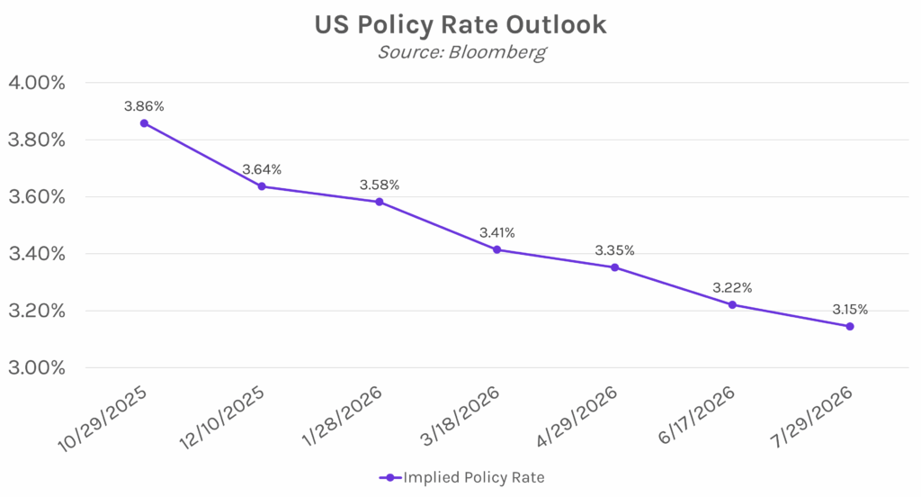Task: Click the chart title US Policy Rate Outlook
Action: click(x=460, y=25)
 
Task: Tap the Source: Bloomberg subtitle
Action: click(x=460, y=52)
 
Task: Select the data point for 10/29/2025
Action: click(x=144, y=123)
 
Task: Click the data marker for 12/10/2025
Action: click(x=262, y=186)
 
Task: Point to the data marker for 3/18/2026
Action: click(x=497, y=249)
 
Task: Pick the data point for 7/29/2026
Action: click(x=850, y=326)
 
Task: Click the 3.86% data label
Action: click(x=144, y=106)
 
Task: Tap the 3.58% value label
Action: click(x=380, y=185)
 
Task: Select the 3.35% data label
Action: click(x=615, y=250)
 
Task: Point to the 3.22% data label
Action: click(x=732, y=288)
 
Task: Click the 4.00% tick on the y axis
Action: click(x=37, y=83)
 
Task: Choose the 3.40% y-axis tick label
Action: click(x=37, y=254)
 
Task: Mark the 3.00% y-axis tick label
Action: click(x=37, y=367)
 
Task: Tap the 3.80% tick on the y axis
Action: click(x=37, y=140)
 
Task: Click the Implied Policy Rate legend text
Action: click(x=473, y=477)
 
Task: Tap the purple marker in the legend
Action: click(x=389, y=477)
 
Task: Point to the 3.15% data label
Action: click(x=850, y=309)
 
